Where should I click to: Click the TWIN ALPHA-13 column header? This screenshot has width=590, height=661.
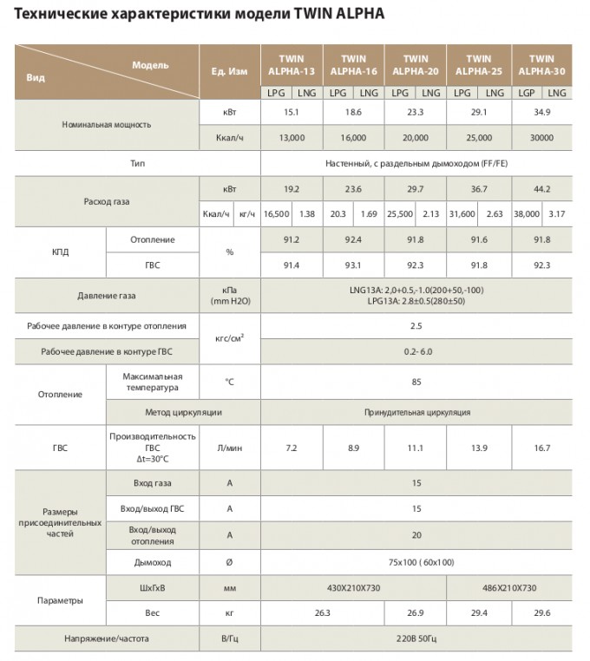pos(291,65)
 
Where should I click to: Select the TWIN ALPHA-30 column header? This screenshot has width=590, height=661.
pos(541,65)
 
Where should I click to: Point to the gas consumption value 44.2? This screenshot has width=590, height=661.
pos(541,189)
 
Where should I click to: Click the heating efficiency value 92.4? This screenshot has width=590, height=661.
pos(352,239)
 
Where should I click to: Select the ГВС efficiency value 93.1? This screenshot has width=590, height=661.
pos(352,265)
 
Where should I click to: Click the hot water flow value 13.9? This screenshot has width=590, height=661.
pos(477,448)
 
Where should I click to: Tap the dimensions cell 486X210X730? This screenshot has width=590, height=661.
pos(508,588)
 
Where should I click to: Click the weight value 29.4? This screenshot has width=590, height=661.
pos(477,613)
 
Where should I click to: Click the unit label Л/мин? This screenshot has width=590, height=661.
pos(229,448)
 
